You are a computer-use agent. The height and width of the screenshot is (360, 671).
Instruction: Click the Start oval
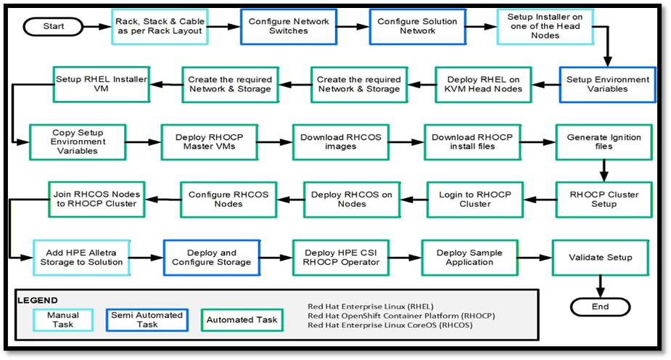point(54,26)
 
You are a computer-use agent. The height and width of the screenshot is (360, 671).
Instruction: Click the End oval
point(599,306)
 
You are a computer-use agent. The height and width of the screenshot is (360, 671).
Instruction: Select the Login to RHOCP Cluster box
point(474,200)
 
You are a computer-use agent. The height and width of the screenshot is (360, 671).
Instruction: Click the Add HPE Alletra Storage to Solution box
point(82,256)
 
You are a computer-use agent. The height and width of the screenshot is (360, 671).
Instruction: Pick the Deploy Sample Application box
point(469,257)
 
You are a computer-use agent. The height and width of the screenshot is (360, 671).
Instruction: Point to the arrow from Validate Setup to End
point(599,285)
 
